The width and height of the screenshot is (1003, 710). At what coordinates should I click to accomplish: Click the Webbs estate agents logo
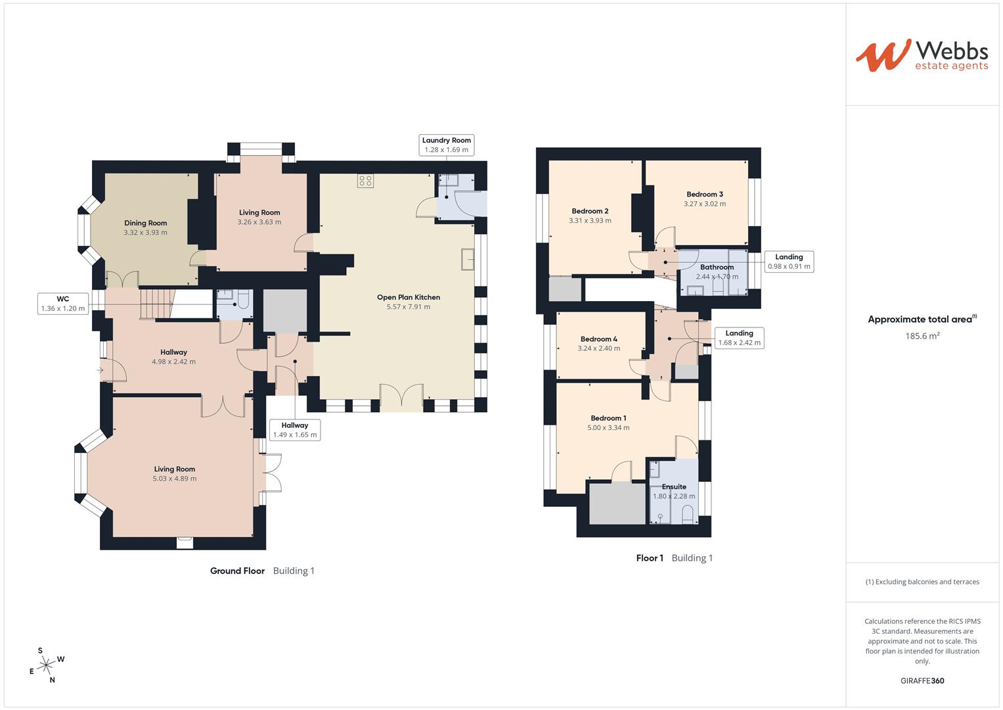coord(922,55)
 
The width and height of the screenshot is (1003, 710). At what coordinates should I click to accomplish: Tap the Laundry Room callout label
coord(447,145)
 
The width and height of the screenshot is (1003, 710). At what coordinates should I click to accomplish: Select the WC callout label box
coord(63,304)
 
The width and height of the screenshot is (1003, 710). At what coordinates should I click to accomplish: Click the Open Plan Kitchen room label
coord(409,297)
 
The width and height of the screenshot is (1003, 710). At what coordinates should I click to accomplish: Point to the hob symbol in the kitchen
coord(366,181)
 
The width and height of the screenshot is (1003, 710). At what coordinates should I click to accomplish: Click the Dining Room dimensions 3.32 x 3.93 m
coord(145,233)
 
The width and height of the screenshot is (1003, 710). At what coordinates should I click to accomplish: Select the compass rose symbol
coord(45,665)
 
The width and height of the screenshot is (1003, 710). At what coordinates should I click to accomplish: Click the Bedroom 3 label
coord(705,194)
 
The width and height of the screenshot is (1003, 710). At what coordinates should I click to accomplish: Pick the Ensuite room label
coord(674,487)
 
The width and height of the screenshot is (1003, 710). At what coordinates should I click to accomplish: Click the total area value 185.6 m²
coord(922,336)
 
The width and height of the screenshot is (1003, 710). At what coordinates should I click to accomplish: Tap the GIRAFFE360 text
coord(922,680)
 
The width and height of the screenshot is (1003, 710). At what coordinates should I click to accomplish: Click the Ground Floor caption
coord(237,571)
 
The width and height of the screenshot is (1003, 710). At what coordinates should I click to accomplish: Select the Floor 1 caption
coord(650,558)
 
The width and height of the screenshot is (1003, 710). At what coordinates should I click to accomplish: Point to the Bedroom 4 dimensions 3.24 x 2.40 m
coord(598,348)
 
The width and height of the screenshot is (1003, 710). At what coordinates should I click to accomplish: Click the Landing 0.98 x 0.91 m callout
coord(789,262)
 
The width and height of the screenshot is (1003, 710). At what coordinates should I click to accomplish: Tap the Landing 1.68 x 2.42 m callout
coord(739,338)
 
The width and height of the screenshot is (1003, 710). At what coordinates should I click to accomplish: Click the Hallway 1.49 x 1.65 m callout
coord(295,430)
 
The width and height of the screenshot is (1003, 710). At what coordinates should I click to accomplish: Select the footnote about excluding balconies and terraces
coord(922,582)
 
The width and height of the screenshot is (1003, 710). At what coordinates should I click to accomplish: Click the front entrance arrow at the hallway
coord(100,371)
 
